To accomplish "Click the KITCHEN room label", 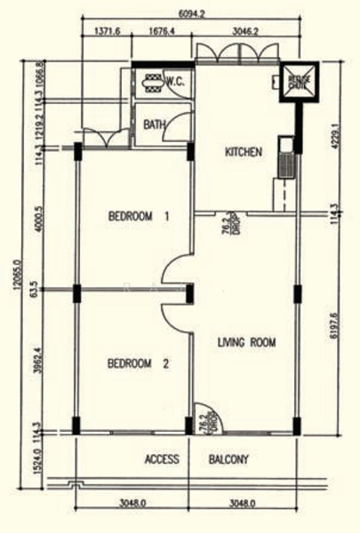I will coord(243,152).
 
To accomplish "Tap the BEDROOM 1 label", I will coord(139,216).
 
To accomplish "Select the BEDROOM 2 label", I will coord(139,362).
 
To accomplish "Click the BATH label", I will coord(154,124).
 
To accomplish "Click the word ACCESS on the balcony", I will coord(162,460).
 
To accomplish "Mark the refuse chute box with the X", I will coord(298,83).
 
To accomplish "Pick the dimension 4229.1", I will coord(335,138).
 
